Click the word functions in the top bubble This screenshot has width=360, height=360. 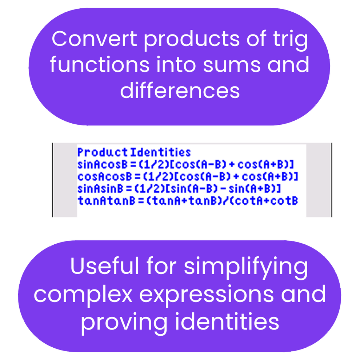click(x=99, y=65)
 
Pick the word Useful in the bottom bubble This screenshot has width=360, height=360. click(x=104, y=267)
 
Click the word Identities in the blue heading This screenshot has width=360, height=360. click(x=160, y=152)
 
